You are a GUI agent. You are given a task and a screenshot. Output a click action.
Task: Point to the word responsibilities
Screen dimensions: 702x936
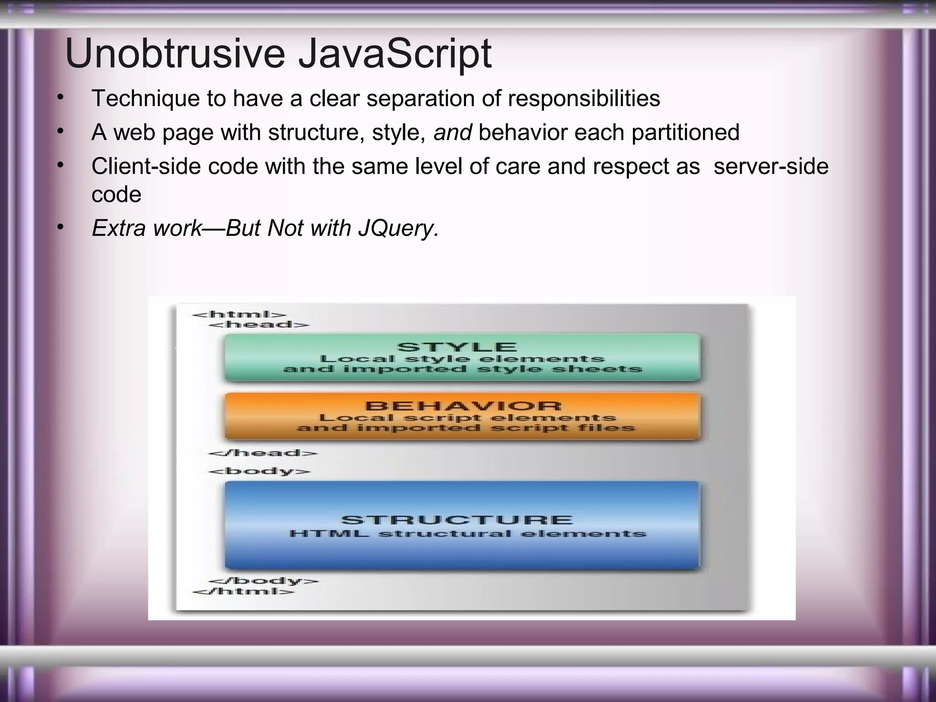click(584, 99)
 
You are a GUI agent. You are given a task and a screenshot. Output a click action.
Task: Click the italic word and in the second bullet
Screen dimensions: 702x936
click(452, 133)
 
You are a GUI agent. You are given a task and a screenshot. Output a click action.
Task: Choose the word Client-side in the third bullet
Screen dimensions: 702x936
click(146, 166)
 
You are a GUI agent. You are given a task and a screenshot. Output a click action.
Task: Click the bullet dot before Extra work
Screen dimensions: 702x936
click(60, 227)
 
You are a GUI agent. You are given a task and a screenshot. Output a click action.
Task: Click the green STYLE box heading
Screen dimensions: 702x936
click(457, 347)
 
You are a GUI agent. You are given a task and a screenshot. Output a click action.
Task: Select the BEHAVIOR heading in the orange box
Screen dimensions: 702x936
click(463, 406)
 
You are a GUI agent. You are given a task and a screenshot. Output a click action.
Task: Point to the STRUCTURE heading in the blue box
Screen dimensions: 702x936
click(457, 520)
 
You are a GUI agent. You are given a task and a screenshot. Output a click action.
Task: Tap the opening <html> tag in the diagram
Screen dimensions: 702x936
click(239, 314)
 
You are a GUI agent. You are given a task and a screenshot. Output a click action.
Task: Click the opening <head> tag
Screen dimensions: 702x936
click(259, 324)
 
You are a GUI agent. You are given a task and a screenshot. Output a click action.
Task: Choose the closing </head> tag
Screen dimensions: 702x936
click(262, 453)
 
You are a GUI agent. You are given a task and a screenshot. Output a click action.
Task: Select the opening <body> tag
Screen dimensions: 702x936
click(259, 471)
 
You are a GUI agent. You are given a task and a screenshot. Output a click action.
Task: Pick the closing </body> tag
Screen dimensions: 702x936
click(263, 581)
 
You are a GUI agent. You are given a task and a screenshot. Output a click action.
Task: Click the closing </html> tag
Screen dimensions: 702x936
click(244, 591)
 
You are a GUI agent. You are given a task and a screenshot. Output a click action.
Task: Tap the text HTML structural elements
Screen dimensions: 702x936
click(468, 534)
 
